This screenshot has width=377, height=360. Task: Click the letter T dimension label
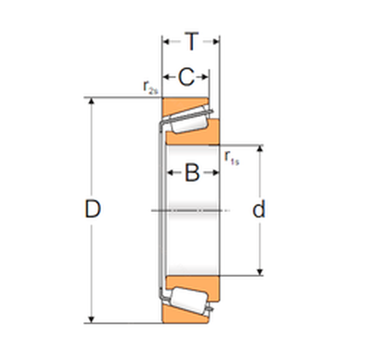[x=192, y=42]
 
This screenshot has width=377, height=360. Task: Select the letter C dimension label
[x=186, y=77]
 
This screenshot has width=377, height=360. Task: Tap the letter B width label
[x=192, y=173]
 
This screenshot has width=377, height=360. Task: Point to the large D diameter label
[x=93, y=209]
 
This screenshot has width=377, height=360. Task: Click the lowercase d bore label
[x=259, y=209]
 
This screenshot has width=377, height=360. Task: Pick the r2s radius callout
[x=150, y=88]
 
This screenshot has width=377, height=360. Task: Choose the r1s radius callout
[x=231, y=158]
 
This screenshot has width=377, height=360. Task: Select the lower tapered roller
[x=190, y=300]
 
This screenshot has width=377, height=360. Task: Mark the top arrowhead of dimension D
[x=91, y=101]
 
